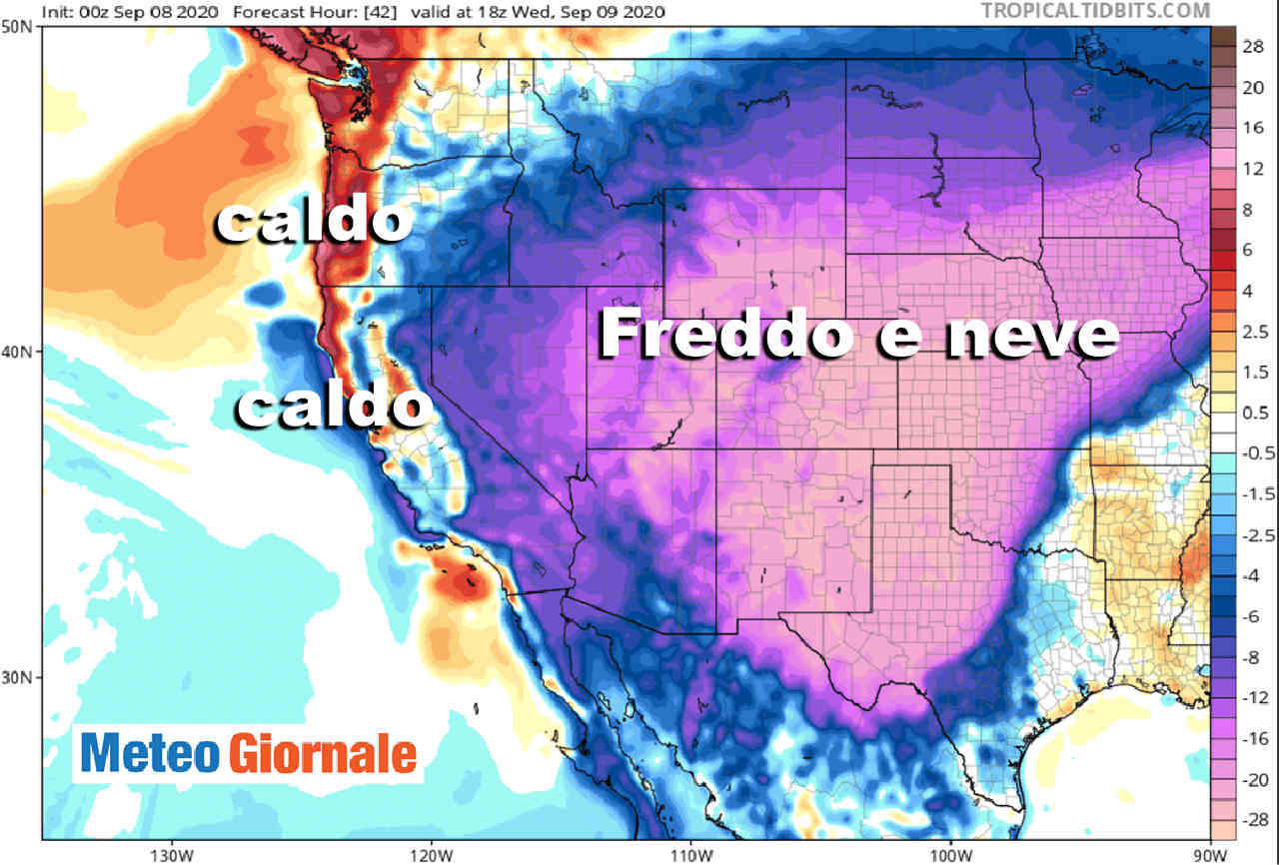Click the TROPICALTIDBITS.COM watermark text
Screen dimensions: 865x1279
(1094, 10)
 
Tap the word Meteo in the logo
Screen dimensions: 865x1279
(150, 753)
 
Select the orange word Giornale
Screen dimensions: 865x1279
(323, 753)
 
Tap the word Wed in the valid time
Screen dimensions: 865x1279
(553, 11)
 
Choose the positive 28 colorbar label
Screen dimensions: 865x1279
(1254, 47)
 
